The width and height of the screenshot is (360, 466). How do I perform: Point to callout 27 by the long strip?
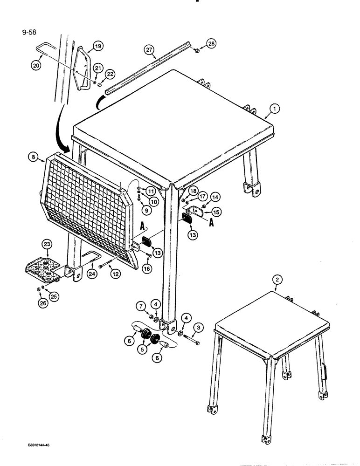pos(149,50)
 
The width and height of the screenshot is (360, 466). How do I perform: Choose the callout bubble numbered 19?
pos(97,46)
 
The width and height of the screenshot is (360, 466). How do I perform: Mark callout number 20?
pos(36,66)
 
